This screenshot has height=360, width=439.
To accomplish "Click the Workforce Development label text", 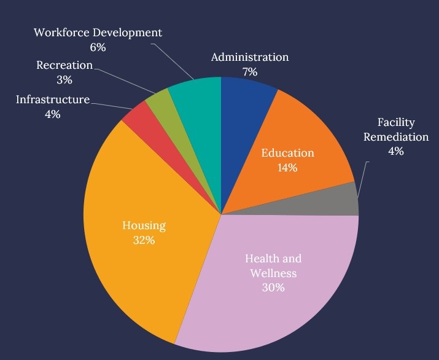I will click(x=98, y=32).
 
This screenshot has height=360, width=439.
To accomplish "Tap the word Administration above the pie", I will click(x=249, y=57).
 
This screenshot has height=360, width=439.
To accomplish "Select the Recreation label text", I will click(x=64, y=65).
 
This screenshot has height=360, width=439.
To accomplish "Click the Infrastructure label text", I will click(x=53, y=100).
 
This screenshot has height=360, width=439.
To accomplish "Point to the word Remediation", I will click(x=395, y=136).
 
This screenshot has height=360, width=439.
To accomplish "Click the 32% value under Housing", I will click(x=144, y=240).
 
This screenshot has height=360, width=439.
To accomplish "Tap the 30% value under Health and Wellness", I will click(x=273, y=287).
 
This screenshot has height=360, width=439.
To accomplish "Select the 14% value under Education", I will click(x=287, y=168).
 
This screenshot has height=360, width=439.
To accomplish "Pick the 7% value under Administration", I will click(x=249, y=72).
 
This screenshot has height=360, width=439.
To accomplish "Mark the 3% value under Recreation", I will click(x=64, y=79).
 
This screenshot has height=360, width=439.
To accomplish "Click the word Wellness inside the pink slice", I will click(x=273, y=273).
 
